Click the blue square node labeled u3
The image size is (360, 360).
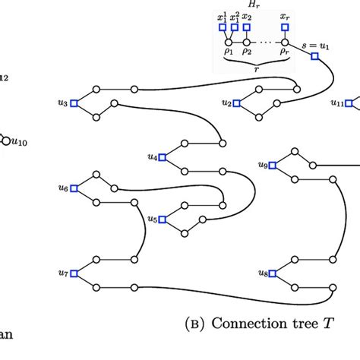(x=74, y=103)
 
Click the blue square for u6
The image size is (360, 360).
(x=74, y=188)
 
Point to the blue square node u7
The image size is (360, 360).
(x=74, y=273)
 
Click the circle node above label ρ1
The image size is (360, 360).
(x=229, y=42)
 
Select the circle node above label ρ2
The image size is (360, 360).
(x=247, y=42)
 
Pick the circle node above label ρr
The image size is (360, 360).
(x=285, y=42)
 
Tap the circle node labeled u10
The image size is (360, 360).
(x=5, y=140)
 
